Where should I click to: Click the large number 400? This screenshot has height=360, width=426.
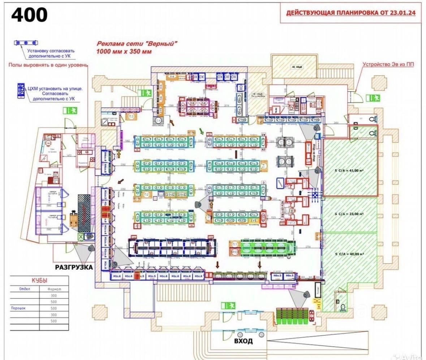tap(30, 15)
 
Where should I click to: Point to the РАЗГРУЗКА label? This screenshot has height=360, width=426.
tap(74, 267)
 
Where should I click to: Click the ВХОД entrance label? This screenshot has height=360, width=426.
tap(243, 341)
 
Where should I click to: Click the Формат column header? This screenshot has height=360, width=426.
tap(54, 289)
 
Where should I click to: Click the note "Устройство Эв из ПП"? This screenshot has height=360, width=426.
tap(388, 65)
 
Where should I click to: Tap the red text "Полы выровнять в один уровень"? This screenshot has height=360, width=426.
tap(48, 65)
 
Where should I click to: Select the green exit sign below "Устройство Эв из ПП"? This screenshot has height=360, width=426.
tap(373, 97)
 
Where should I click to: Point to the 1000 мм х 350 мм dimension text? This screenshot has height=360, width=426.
tap(124, 51)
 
